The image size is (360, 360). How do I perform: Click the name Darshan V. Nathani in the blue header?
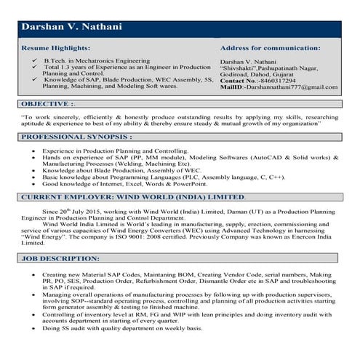71,28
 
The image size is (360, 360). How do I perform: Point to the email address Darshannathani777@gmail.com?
290,87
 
